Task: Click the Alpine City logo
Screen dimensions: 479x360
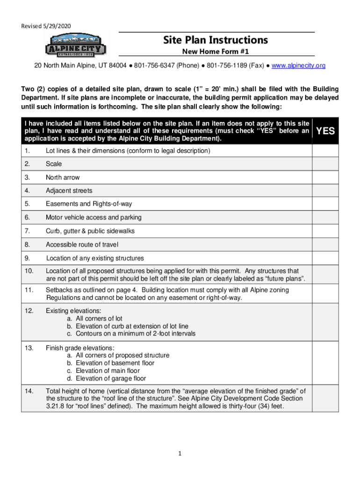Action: (76, 45)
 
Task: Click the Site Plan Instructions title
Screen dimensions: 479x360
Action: (216, 40)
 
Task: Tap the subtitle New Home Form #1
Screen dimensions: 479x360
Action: (216, 51)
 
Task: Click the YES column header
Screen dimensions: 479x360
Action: (325, 131)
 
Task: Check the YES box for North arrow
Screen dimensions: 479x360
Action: (325, 177)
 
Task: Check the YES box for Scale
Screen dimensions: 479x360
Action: (325, 164)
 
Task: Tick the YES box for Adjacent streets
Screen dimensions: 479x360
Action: (325, 191)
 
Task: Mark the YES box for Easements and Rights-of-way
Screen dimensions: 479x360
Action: (325, 204)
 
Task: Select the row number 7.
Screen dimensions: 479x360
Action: (28, 231)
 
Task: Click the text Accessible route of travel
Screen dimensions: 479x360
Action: (82, 245)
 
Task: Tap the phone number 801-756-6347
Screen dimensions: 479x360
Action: (153, 65)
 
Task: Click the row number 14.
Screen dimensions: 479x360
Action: (29, 391)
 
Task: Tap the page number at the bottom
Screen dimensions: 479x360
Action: (180, 453)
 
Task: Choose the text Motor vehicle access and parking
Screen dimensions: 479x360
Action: (94, 218)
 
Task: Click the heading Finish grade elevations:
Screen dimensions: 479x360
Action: (80, 348)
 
